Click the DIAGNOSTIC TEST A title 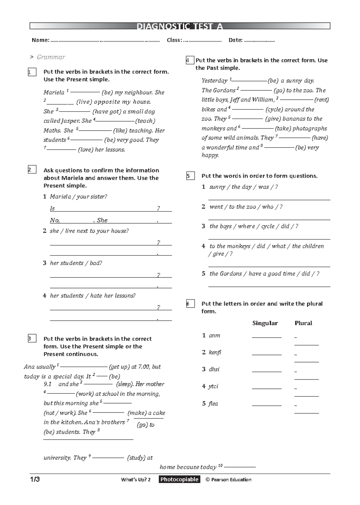click(180, 26)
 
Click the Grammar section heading click(51, 57)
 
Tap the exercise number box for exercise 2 click(32, 170)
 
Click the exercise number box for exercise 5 click(190, 176)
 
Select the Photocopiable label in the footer click(179, 479)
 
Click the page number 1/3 click(34, 479)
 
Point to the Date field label click(235, 40)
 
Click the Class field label click(174, 40)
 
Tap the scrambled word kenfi click(215, 352)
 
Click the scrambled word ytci click(213, 386)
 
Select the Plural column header click(303, 323)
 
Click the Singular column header click(265, 323)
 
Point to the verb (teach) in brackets click(145, 121)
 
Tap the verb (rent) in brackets click(321, 100)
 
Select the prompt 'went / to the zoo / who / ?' click(246, 207)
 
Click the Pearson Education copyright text click(229, 480)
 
